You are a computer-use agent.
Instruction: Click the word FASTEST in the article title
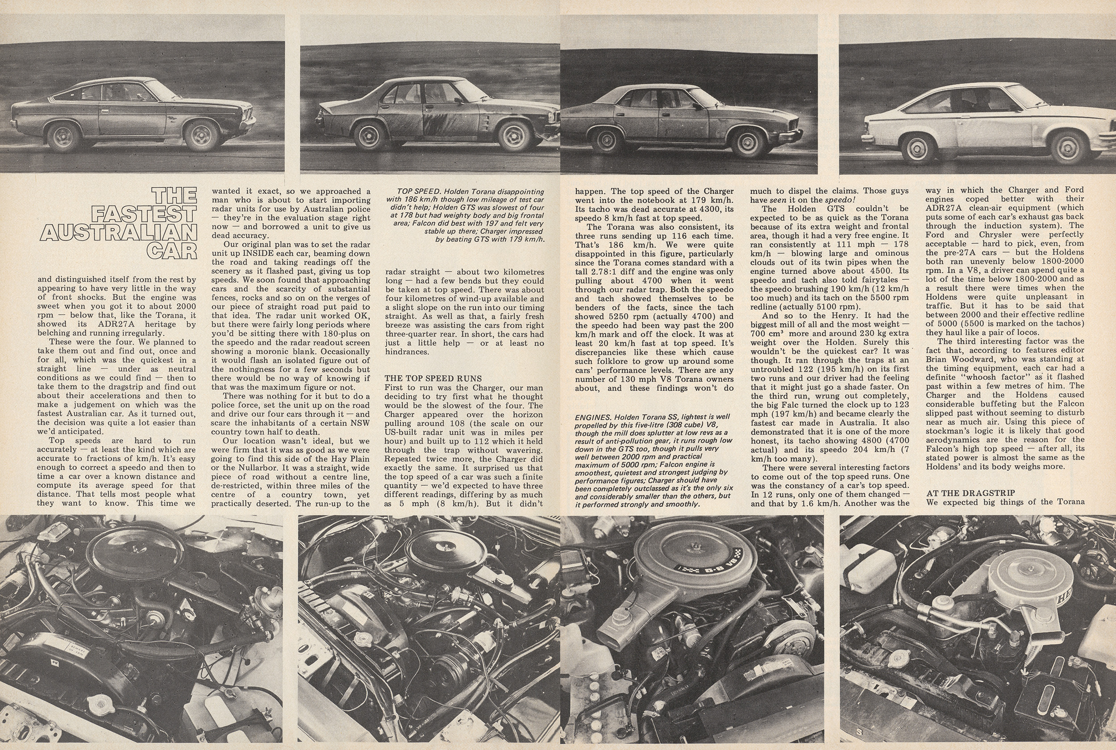click(143, 214)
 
